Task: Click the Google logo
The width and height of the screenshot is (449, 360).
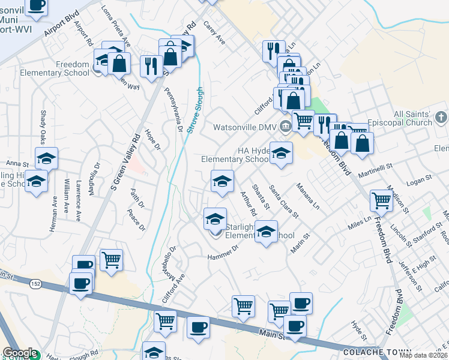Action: pyautogui.click(x=19, y=353)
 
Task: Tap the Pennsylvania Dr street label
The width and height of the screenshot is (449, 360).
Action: pyautogui.click(x=176, y=109)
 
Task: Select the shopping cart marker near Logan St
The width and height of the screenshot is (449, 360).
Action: pyautogui.click(x=381, y=202)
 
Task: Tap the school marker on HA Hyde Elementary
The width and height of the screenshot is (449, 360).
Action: pyautogui.click(x=280, y=153)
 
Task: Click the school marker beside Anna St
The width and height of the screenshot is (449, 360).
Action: pyautogui.click(x=46, y=158)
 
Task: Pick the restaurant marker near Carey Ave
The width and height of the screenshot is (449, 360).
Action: pyautogui.click(x=272, y=51)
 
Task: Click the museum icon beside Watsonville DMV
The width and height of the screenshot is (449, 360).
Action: pyautogui.click(x=286, y=126)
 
